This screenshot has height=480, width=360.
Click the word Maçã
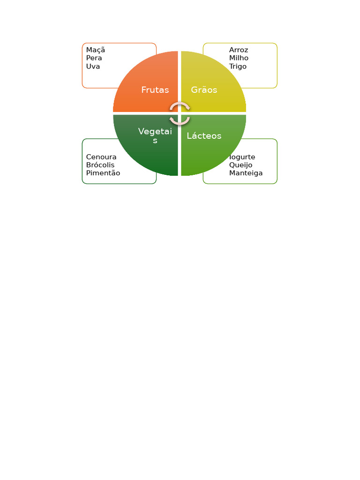coord(95,50)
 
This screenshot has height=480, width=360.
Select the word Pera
coord(94,58)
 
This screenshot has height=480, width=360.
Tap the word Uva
coord(93,67)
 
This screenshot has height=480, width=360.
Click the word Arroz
coord(239,50)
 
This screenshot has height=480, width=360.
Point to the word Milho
coord(239,58)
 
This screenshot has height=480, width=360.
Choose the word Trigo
coord(238,67)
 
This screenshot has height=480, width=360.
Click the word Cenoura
coord(101,157)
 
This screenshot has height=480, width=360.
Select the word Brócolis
coord(100,165)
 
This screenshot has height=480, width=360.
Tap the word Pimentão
coord(103,173)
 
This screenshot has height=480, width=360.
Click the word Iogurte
coord(242,157)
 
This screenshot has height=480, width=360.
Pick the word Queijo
coord(240,165)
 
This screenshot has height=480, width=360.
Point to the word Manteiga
coord(246,173)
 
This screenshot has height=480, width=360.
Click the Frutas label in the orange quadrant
coord(155,90)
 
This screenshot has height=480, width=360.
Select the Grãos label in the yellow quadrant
coord(204,90)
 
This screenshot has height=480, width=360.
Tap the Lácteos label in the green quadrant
coord(204,136)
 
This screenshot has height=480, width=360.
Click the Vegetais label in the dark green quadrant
coord(155,132)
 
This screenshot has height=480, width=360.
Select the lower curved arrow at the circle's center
coord(180,121)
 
